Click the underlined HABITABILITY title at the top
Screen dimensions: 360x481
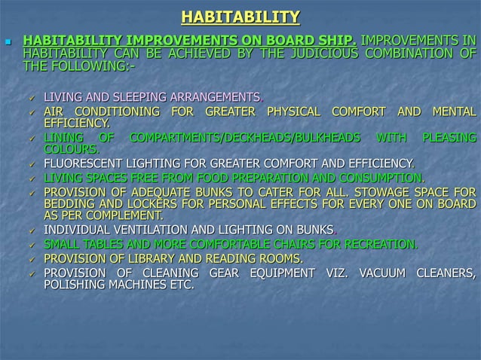tap(240, 17)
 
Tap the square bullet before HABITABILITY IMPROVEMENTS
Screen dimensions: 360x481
tap(8, 40)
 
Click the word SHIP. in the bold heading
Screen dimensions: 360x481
tap(341, 39)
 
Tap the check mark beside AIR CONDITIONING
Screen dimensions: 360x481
tap(31, 112)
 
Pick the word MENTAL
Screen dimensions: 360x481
tap(452, 111)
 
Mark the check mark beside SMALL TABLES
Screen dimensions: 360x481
tap(31, 244)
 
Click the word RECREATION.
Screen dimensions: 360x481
tap(378, 243)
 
